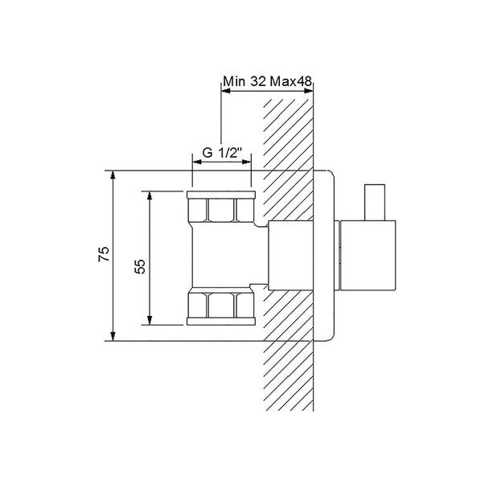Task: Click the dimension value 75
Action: click(x=105, y=254)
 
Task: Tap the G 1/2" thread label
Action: click(x=222, y=153)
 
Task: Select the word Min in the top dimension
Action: click(x=234, y=82)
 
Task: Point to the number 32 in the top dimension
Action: click(x=258, y=82)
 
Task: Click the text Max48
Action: click(x=291, y=82)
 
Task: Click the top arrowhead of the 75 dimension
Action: click(x=113, y=175)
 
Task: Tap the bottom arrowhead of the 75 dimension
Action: click(x=113, y=336)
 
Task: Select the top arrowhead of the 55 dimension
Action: click(x=150, y=196)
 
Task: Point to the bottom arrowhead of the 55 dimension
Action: click(x=150, y=320)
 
